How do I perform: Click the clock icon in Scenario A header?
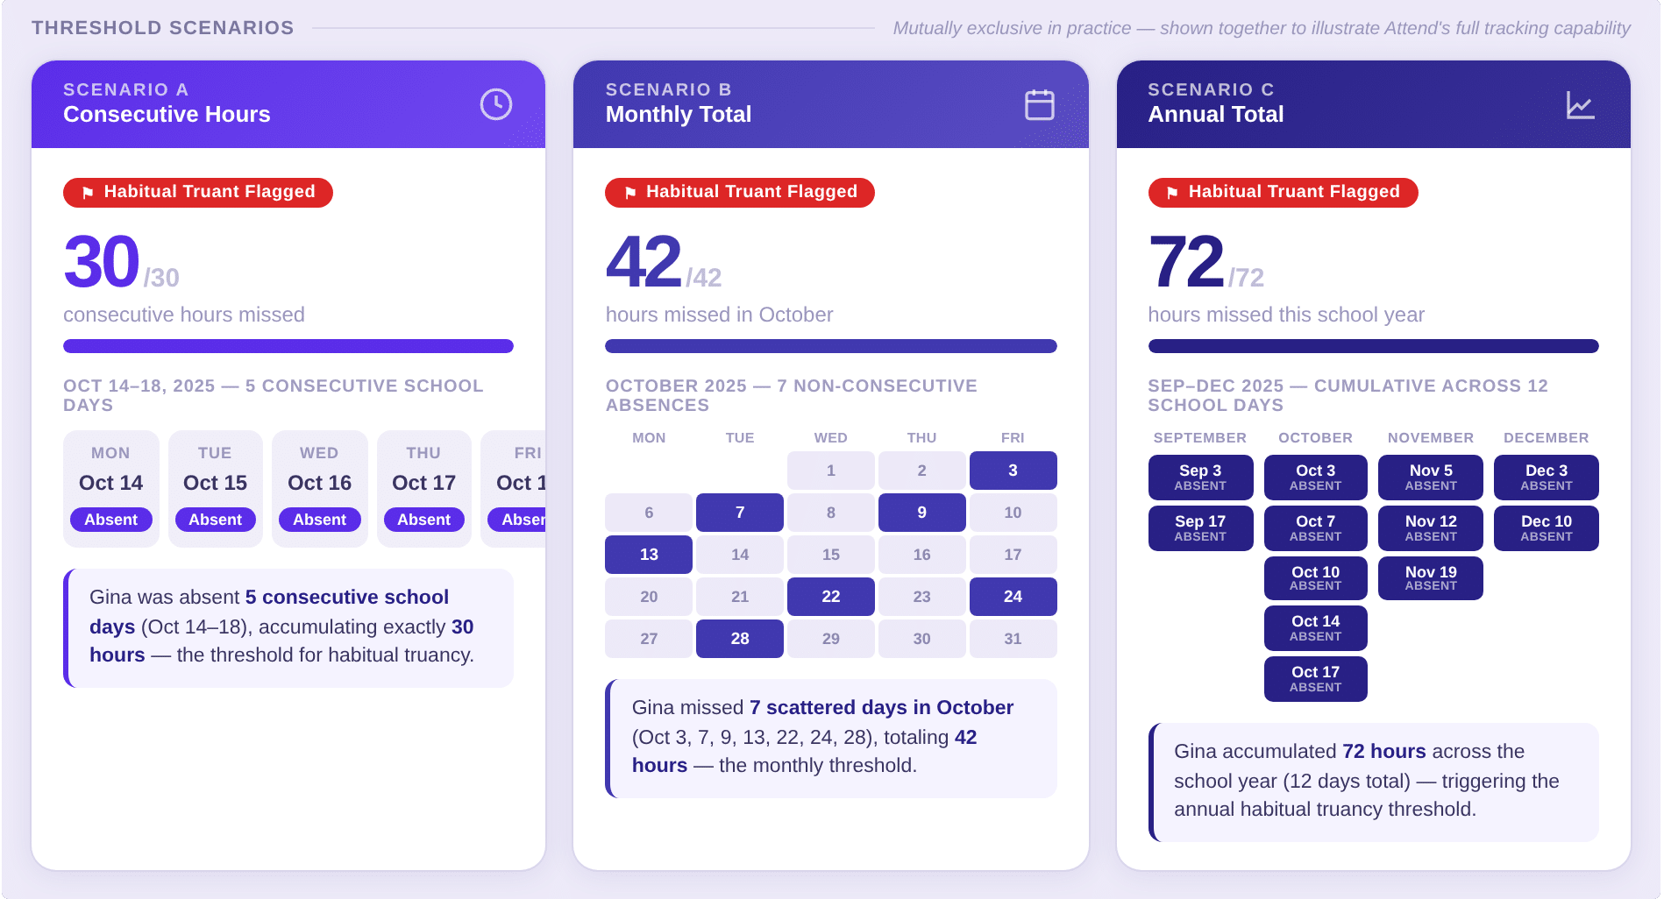[x=495, y=104]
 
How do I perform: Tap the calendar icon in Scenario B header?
[x=1039, y=104]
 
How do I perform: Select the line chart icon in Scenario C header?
[x=1580, y=105]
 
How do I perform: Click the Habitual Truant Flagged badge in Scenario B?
[x=739, y=192]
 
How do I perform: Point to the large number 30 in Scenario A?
[x=102, y=262]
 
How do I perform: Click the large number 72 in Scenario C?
[x=1186, y=262]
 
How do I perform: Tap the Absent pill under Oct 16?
[x=319, y=520]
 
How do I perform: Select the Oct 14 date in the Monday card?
[x=110, y=483]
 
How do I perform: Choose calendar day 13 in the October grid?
[x=649, y=555]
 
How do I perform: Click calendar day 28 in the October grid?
[x=739, y=639]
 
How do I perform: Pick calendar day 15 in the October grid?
[x=830, y=555]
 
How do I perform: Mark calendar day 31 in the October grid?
[x=1013, y=639]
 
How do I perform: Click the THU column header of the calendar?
[x=921, y=438]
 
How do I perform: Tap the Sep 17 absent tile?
[x=1200, y=527]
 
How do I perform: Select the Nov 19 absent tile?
[x=1430, y=577]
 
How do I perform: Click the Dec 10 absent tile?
[x=1546, y=527]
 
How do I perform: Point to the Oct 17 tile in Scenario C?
[x=1315, y=678]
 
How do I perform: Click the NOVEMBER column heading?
[x=1430, y=438]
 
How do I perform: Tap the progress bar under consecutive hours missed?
[x=288, y=346]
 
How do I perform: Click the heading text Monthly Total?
[x=678, y=115]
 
